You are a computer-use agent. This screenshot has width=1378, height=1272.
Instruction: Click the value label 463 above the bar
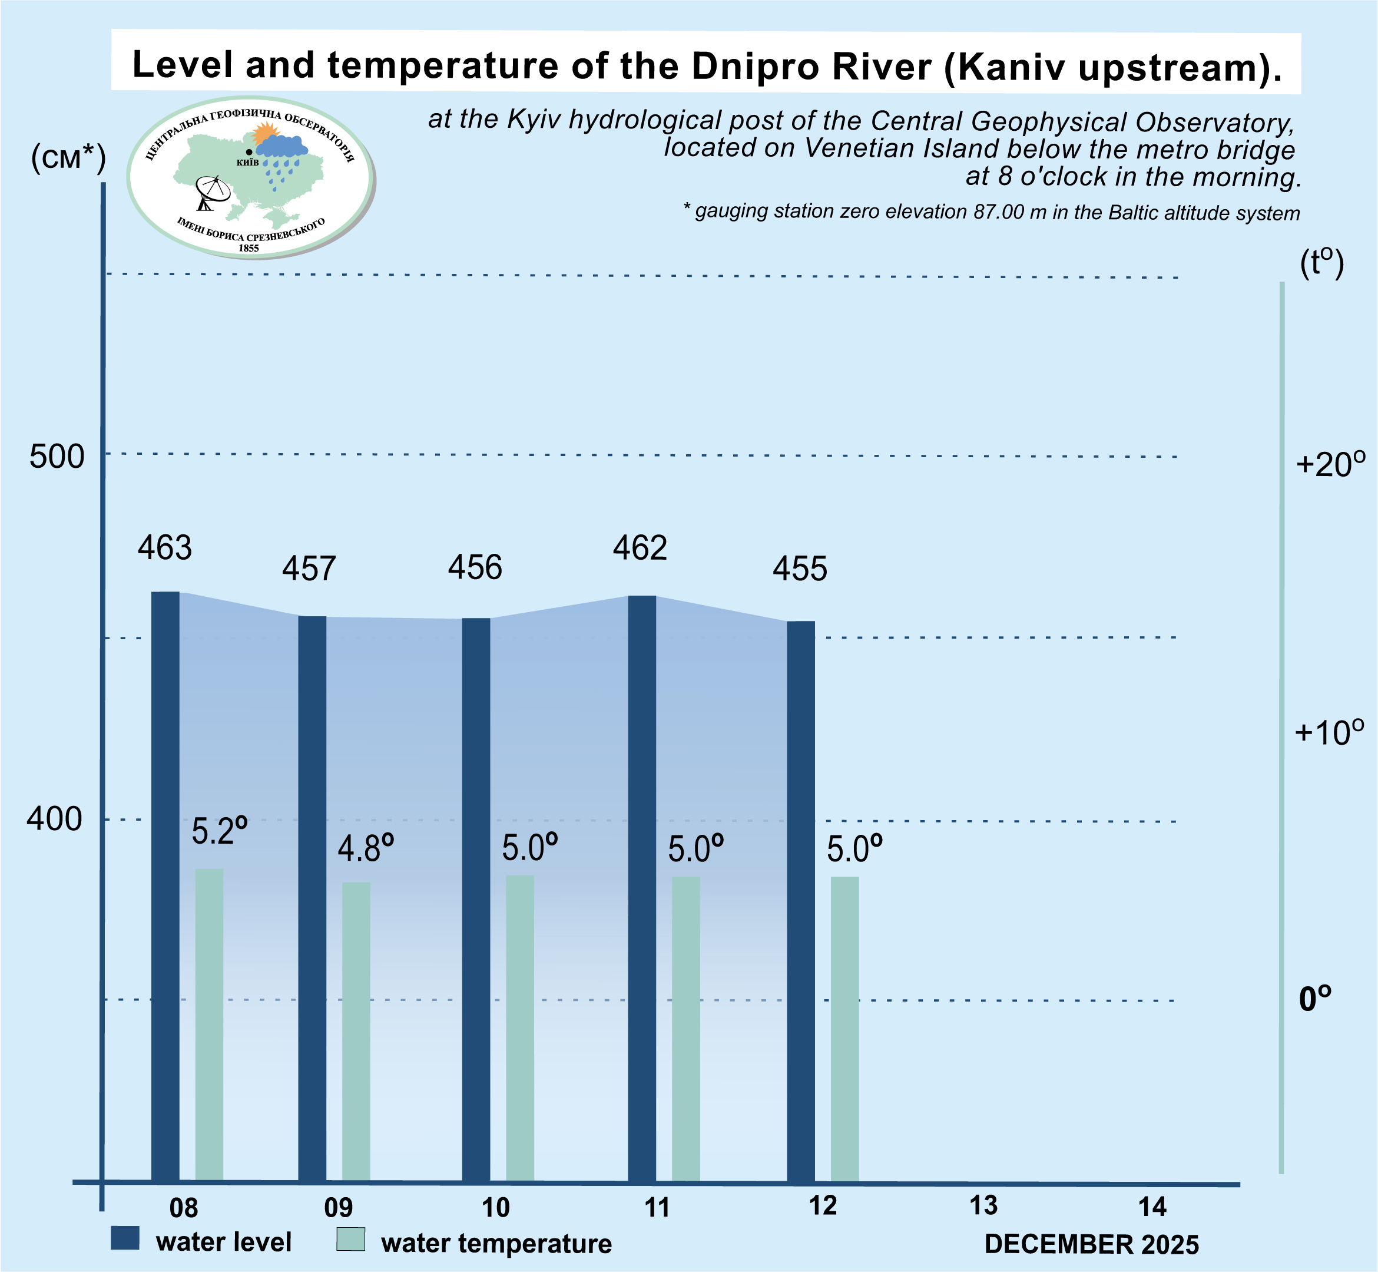click(164, 549)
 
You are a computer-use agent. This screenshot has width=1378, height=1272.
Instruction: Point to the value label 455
click(800, 570)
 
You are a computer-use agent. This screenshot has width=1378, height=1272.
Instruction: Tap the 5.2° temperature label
click(219, 831)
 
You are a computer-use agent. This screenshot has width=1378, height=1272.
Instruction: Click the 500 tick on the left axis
click(57, 457)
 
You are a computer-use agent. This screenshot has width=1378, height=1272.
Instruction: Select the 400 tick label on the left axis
click(54, 819)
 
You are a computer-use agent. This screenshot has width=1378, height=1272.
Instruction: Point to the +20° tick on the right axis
click(1330, 465)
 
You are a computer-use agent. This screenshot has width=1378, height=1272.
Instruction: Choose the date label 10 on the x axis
click(495, 1208)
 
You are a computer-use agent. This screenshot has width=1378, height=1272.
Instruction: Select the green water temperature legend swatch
click(350, 1240)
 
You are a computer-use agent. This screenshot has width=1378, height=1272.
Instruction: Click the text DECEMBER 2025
click(1092, 1244)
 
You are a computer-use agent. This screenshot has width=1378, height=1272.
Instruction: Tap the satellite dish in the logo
click(212, 192)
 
